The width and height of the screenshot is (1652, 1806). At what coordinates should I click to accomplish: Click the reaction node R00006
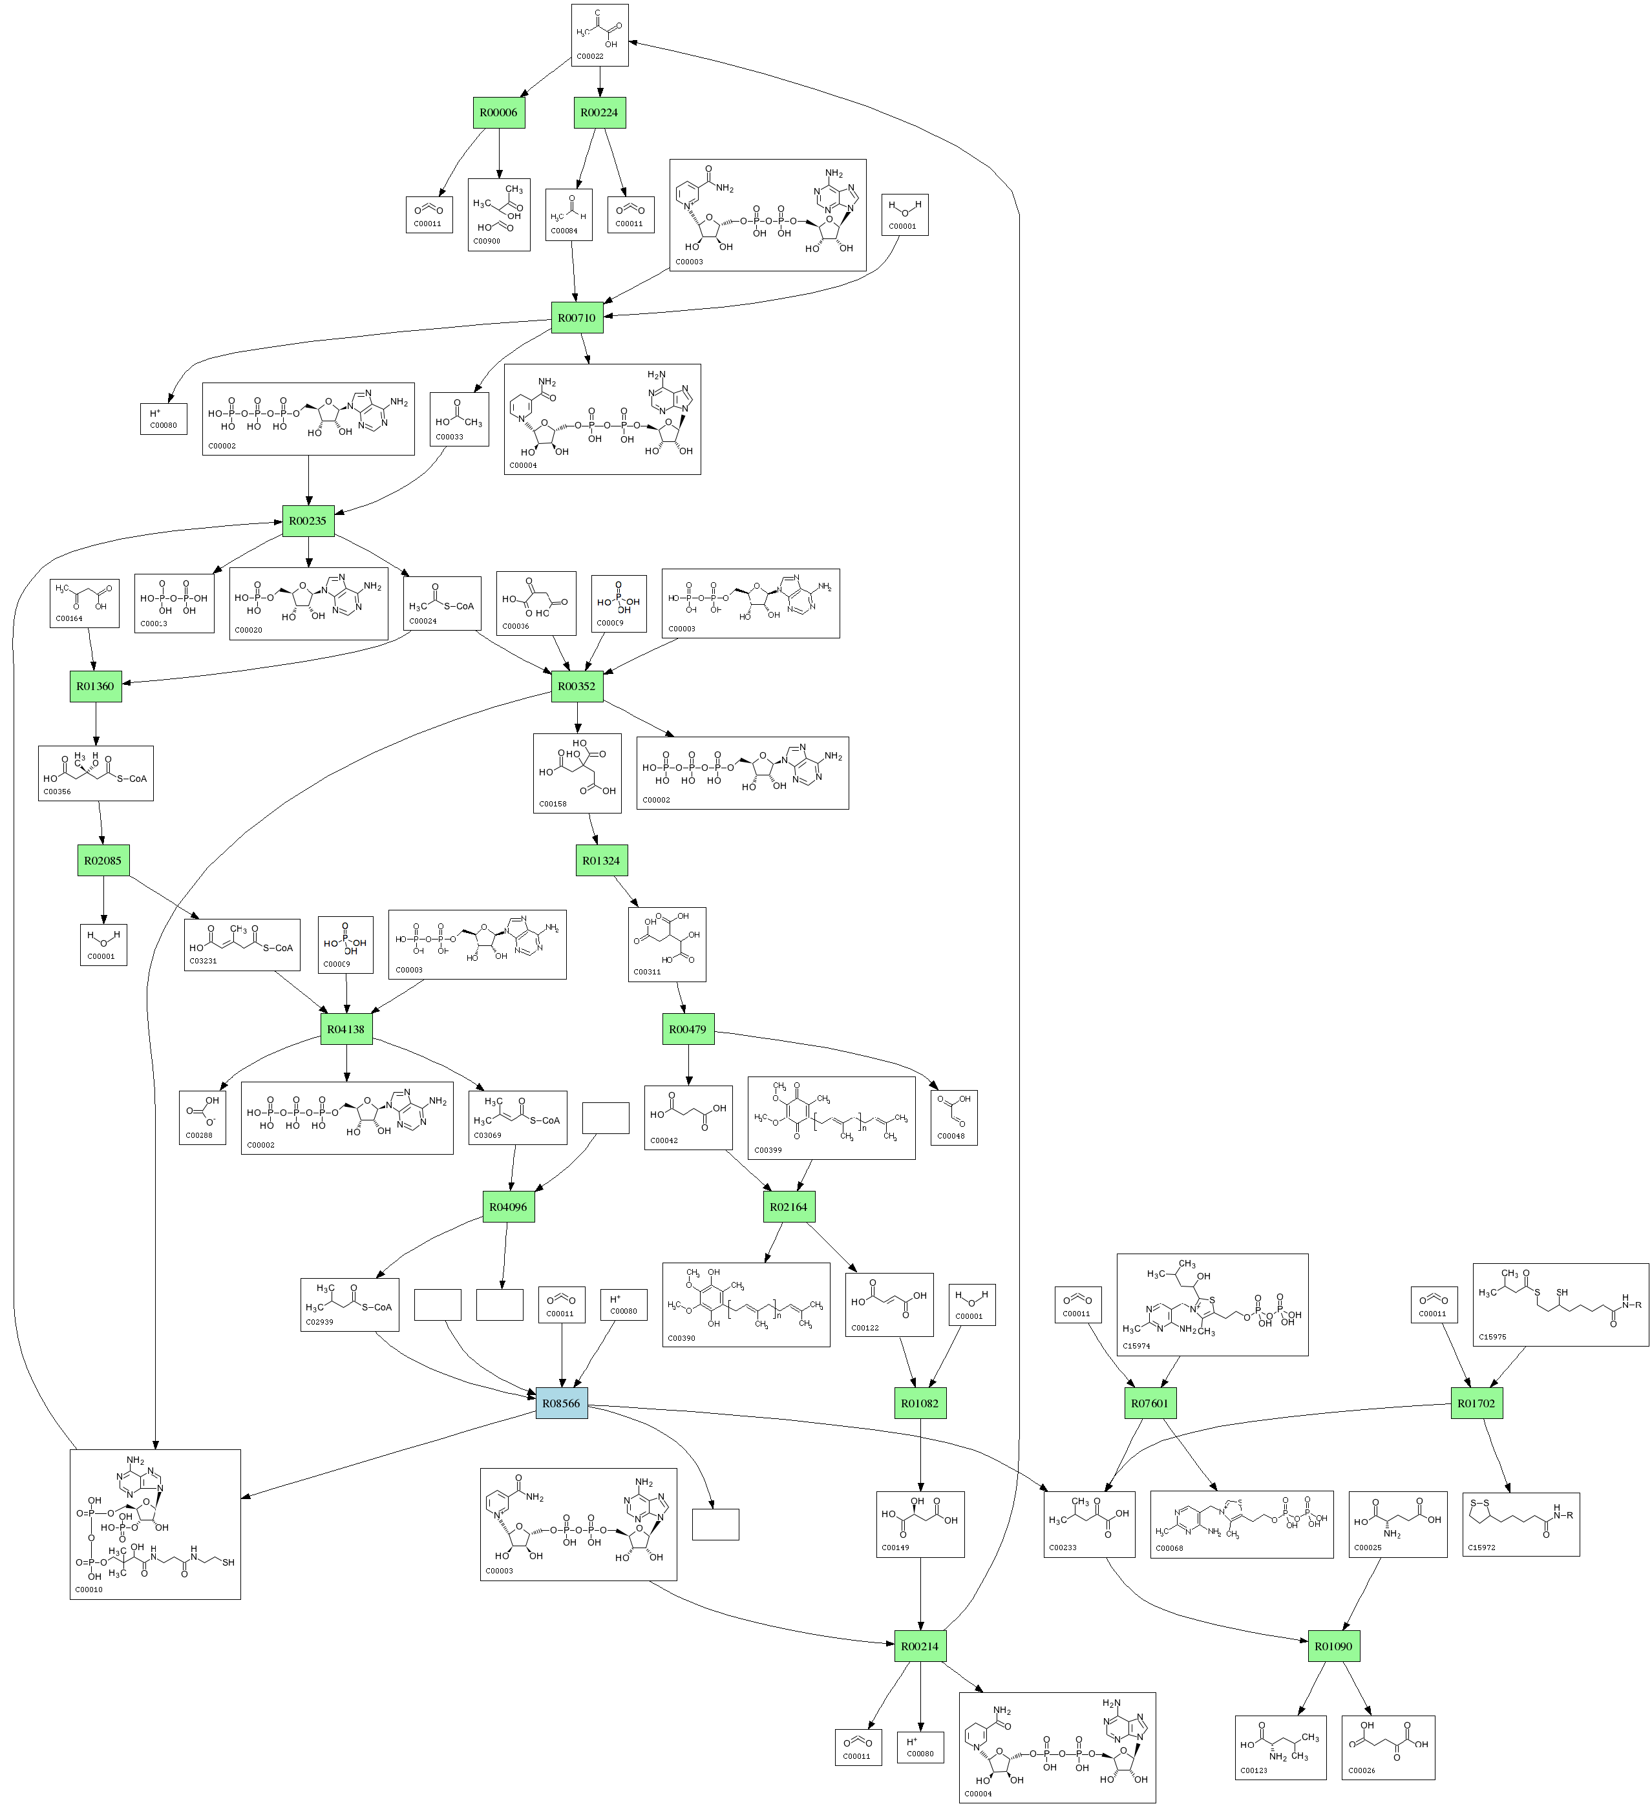point(498,113)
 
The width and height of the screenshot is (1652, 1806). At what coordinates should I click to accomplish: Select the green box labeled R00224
point(599,113)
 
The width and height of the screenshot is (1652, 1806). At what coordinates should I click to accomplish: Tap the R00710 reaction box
point(576,318)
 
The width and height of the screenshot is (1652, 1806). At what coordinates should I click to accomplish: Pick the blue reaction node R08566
point(562,1403)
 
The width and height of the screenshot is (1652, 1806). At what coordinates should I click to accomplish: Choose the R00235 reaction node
point(308,521)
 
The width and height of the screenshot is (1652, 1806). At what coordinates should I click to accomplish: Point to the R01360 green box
point(95,686)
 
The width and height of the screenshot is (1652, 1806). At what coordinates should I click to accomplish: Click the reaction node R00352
point(576,686)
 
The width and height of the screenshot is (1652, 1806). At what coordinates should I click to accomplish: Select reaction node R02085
point(102,860)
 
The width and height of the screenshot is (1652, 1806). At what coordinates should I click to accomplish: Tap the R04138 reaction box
point(346,1029)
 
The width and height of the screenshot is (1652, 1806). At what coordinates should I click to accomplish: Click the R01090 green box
point(1333,1646)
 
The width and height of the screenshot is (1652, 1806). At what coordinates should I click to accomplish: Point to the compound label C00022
point(589,56)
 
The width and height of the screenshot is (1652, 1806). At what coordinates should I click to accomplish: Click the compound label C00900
point(487,241)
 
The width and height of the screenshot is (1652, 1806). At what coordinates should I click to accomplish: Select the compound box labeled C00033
point(459,418)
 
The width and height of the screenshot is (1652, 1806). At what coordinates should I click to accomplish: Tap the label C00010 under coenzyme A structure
point(89,1589)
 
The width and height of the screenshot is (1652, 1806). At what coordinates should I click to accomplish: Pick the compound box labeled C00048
point(954,1117)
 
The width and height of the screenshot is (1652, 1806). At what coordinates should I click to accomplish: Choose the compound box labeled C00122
point(889,1305)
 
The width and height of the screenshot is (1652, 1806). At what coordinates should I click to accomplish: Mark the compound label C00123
point(1253,1770)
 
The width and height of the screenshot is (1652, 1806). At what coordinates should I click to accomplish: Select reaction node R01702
point(1476,1403)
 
